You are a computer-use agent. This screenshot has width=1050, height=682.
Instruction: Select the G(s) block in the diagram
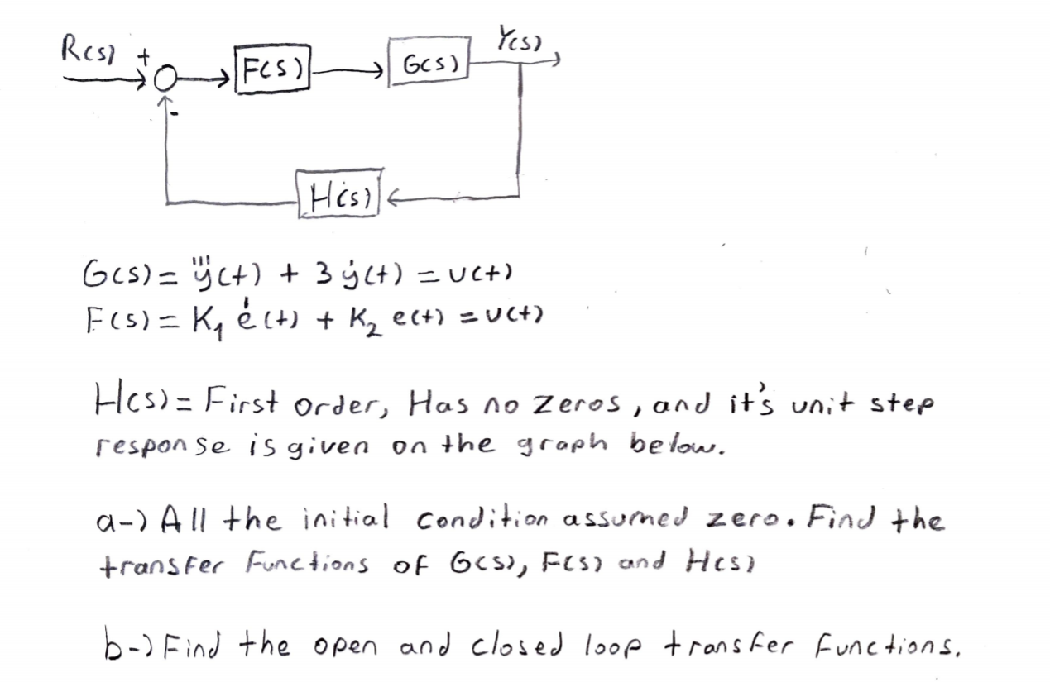tap(426, 63)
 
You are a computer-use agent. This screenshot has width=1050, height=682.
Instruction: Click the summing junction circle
tap(165, 80)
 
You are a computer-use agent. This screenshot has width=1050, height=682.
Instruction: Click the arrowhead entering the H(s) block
tap(396, 197)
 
